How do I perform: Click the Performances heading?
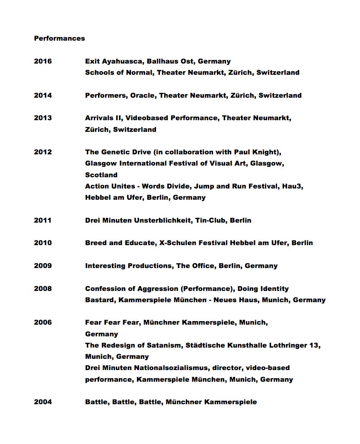click(x=59, y=38)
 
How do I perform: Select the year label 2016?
click(x=43, y=61)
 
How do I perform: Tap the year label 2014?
click(x=43, y=96)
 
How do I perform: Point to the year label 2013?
click(x=43, y=118)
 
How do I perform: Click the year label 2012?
click(x=43, y=152)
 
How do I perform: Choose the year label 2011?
click(x=43, y=220)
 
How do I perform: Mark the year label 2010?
click(x=43, y=243)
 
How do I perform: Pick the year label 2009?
click(x=43, y=266)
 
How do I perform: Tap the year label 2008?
click(x=43, y=289)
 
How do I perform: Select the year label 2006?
click(x=43, y=323)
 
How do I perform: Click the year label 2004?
click(x=43, y=402)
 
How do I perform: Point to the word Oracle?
click(x=142, y=96)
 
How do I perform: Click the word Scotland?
click(x=101, y=175)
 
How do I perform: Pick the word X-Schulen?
click(x=176, y=243)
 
